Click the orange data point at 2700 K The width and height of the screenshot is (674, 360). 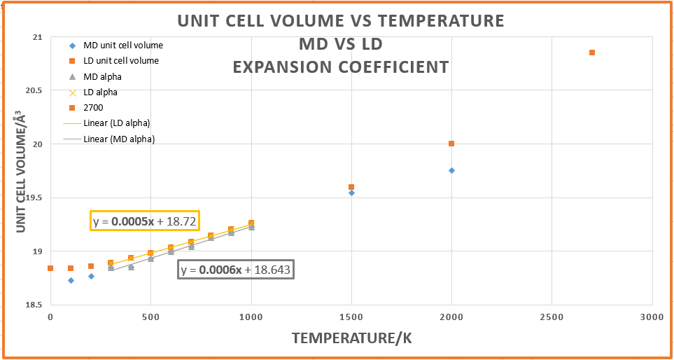pos(592,53)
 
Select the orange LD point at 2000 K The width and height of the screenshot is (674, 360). pos(451,144)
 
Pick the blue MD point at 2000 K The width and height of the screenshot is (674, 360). pos(451,170)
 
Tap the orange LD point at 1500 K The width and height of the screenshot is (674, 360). pos(351,187)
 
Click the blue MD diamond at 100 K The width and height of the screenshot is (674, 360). pos(71,280)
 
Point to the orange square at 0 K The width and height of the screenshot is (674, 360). pos(50,268)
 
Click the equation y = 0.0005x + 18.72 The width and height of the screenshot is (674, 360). pos(144,221)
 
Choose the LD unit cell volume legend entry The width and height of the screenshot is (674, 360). pos(125,61)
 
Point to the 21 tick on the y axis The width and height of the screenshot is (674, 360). pos(38,37)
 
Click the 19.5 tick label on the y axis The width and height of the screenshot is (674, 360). pos(33,198)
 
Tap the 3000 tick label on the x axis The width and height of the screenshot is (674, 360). pos(652,317)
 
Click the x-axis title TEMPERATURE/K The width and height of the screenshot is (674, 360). pos(351,338)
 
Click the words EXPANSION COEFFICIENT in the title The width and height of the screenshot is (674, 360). pos(341,67)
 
